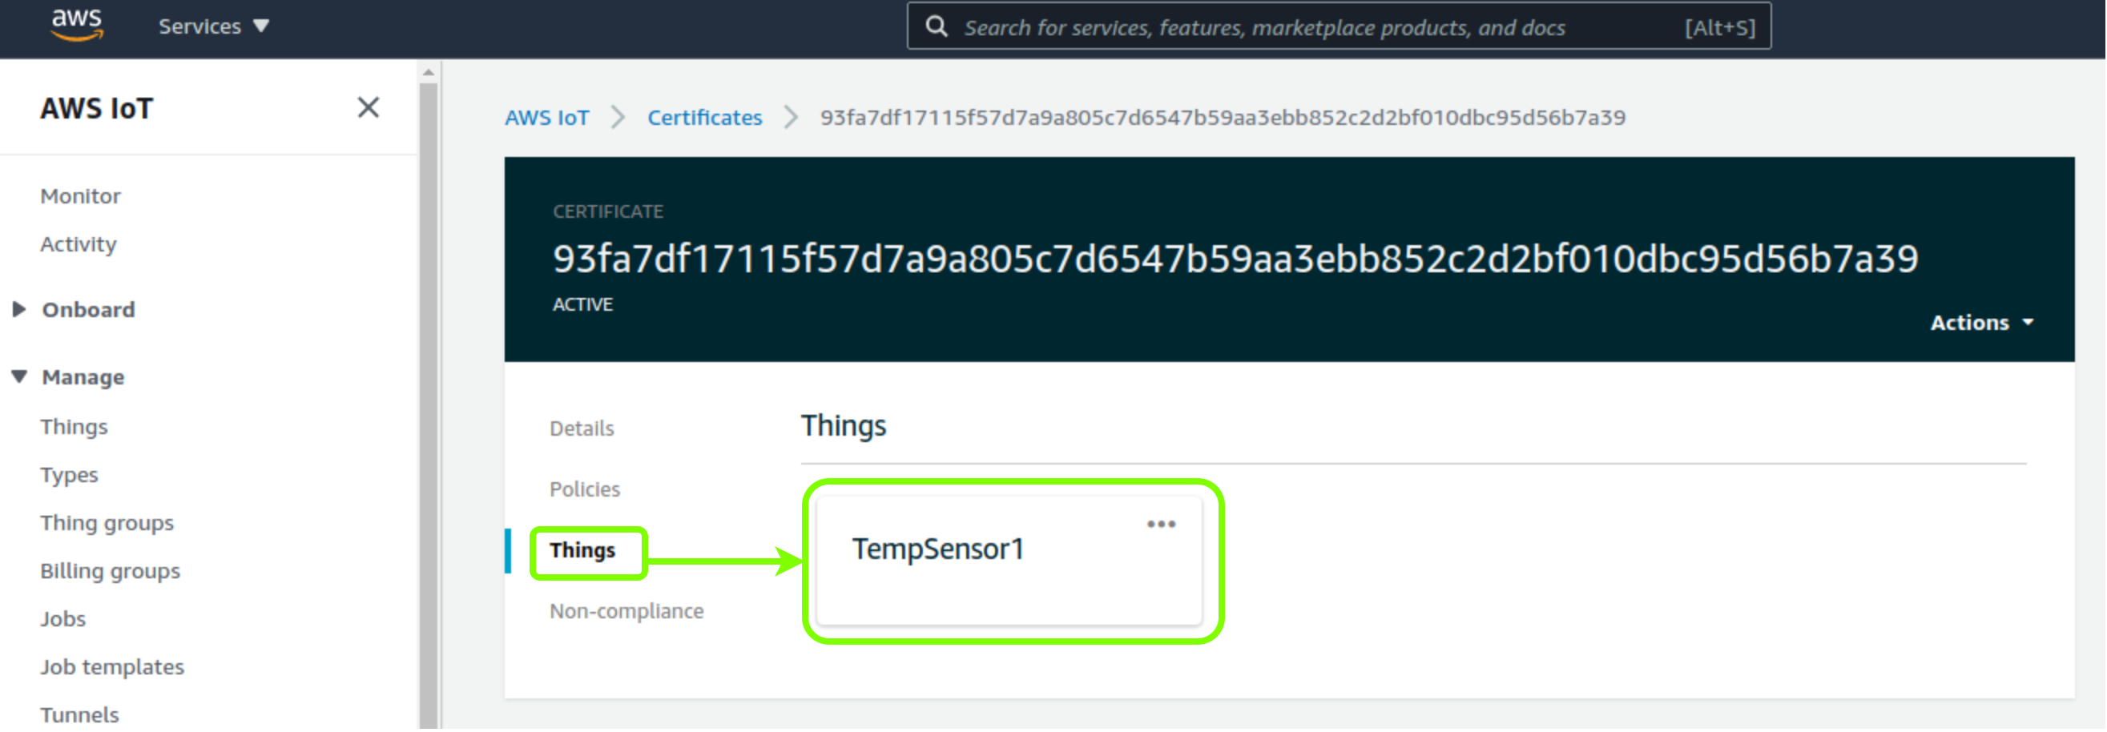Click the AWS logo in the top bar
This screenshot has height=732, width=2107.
[77, 24]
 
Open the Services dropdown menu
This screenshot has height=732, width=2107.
[213, 26]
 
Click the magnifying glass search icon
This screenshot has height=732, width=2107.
[937, 26]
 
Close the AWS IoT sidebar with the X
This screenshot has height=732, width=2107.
[368, 107]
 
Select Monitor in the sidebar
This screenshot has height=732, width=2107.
[80, 196]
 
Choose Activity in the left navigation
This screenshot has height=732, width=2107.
[79, 244]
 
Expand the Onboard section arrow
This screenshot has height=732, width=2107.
[18, 309]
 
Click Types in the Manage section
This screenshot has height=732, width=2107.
[70, 475]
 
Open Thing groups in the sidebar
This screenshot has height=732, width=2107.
[107, 524]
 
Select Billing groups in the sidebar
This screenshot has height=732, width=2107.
[111, 572]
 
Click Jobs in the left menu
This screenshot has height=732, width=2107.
[63, 619]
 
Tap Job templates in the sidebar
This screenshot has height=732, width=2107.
[113, 667]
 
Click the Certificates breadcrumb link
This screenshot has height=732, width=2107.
[705, 118]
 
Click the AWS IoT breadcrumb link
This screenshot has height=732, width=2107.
[547, 118]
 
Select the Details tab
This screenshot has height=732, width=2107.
[582, 428]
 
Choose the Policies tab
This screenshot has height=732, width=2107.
[585, 489]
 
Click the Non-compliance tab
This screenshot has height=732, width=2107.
[626, 611]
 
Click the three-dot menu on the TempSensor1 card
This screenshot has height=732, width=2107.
[1162, 525]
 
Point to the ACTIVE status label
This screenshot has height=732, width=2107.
[582, 305]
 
